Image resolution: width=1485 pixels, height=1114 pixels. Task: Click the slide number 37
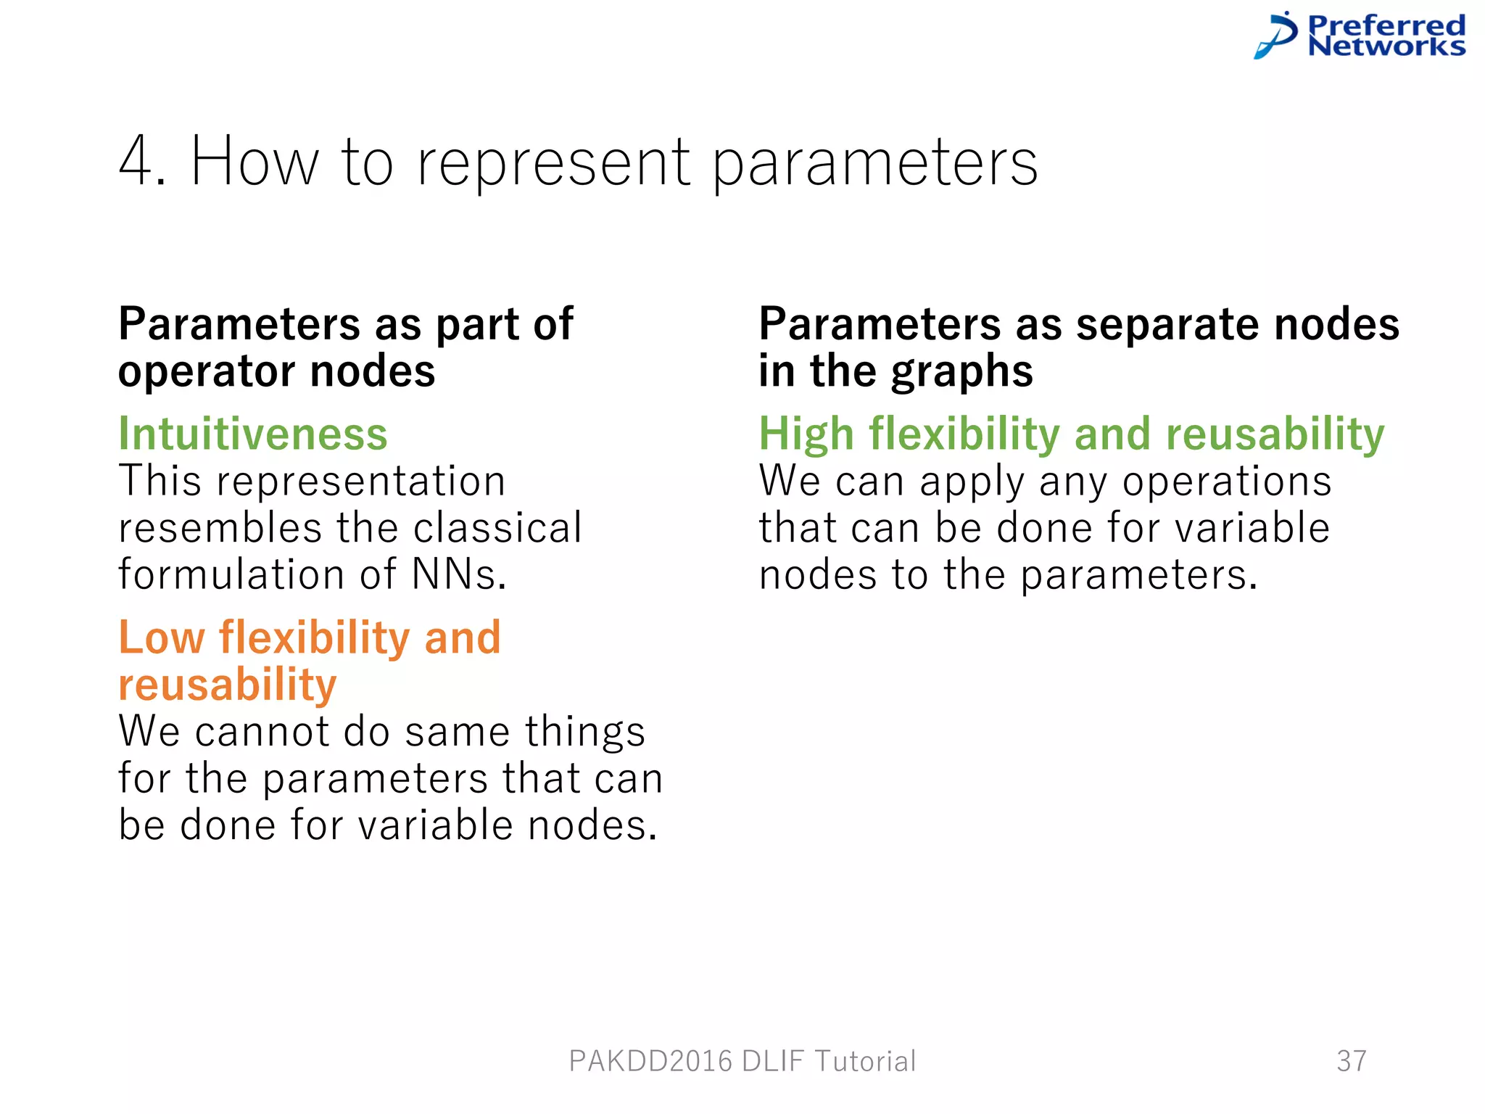pyautogui.click(x=1352, y=1061)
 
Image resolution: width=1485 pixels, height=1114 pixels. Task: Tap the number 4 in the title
pyautogui.click(x=136, y=162)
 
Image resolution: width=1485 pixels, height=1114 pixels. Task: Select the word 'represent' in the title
pyautogui.click(x=553, y=164)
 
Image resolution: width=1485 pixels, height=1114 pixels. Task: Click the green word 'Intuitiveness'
pyautogui.click(x=253, y=434)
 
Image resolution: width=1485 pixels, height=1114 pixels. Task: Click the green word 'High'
pyautogui.click(x=806, y=434)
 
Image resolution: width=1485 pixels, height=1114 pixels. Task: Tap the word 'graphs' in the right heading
pyautogui.click(x=961, y=371)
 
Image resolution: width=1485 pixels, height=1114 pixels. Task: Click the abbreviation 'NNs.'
pyautogui.click(x=459, y=574)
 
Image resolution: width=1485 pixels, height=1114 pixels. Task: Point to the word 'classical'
pyautogui.click(x=497, y=527)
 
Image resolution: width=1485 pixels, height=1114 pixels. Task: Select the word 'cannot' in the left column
pyautogui.click(x=262, y=731)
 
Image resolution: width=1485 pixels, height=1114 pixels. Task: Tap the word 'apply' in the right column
pyautogui.click(x=972, y=481)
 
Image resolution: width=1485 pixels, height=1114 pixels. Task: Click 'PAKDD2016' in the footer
pyautogui.click(x=650, y=1061)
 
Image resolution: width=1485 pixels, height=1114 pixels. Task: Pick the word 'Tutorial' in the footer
pyautogui.click(x=865, y=1061)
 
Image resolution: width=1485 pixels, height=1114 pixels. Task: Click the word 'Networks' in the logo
pyautogui.click(x=1386, y=46)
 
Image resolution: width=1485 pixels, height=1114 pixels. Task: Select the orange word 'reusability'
pyautogui.click(x=228, y=685)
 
